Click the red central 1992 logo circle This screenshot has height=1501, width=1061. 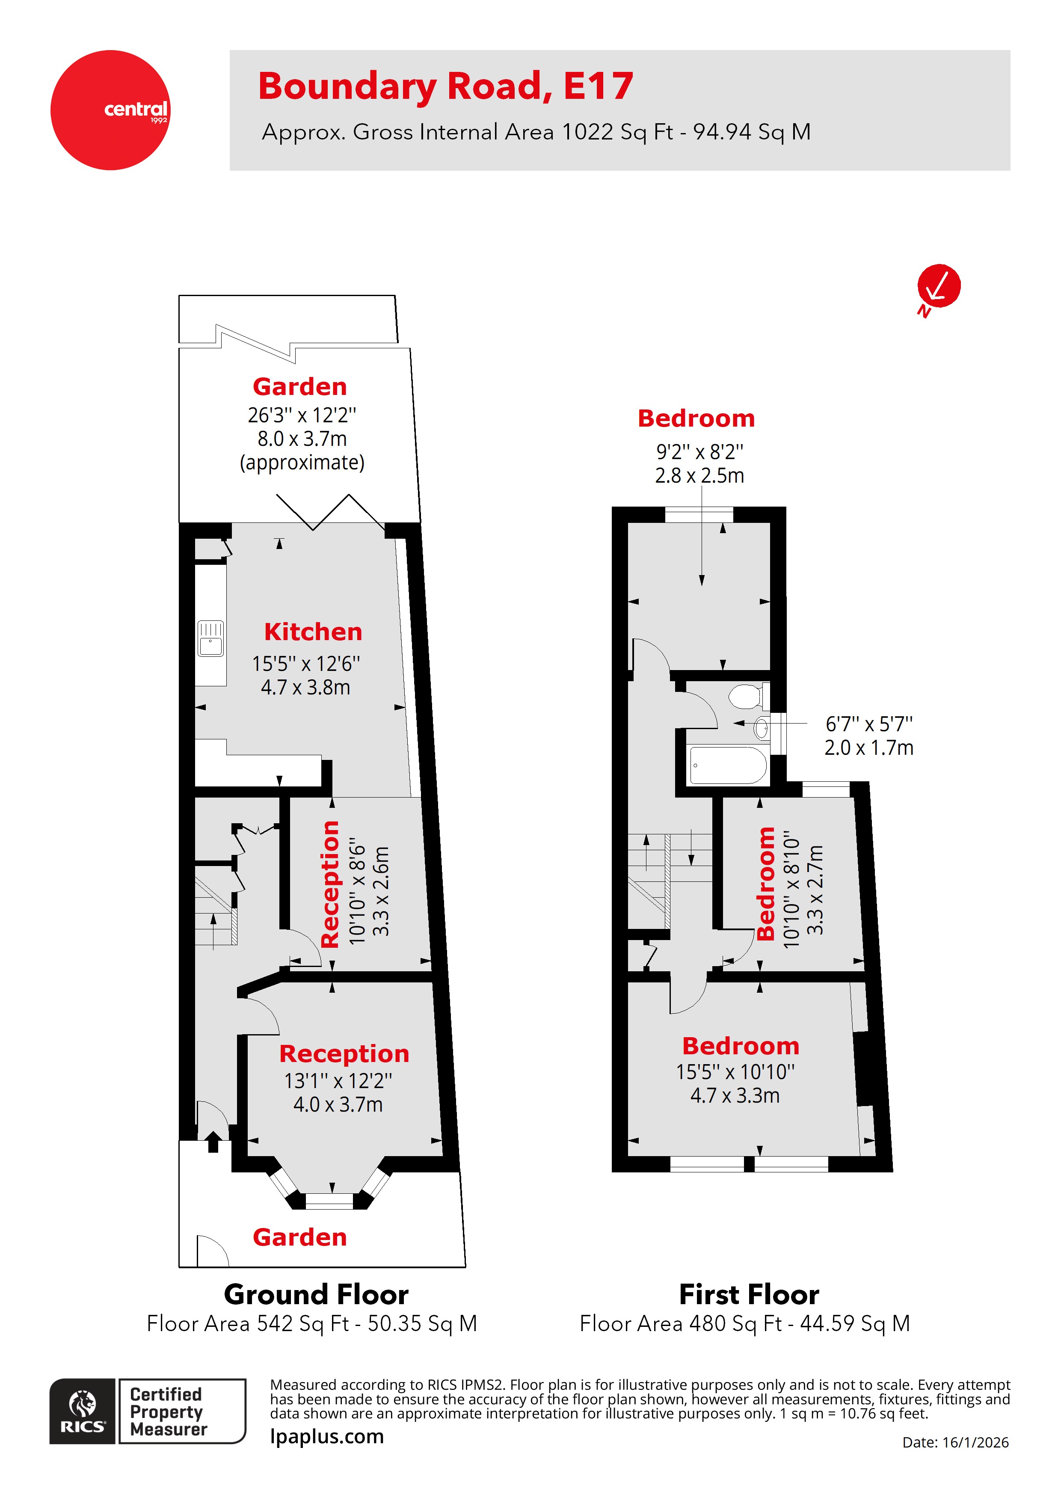click(x=110, y=110)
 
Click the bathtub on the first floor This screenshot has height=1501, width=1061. click(x=728, y=765)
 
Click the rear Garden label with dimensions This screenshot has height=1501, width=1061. click(x=299, y=387)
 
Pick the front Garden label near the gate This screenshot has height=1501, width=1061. click(x=299, y=1237)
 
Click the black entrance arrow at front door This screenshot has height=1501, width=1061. click(x=213, y=1143)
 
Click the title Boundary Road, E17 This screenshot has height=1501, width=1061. click(x=445, y=86)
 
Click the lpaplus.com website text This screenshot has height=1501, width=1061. click(x=327, y=1436)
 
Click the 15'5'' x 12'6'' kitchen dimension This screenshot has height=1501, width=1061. click(x=305, y=664)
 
